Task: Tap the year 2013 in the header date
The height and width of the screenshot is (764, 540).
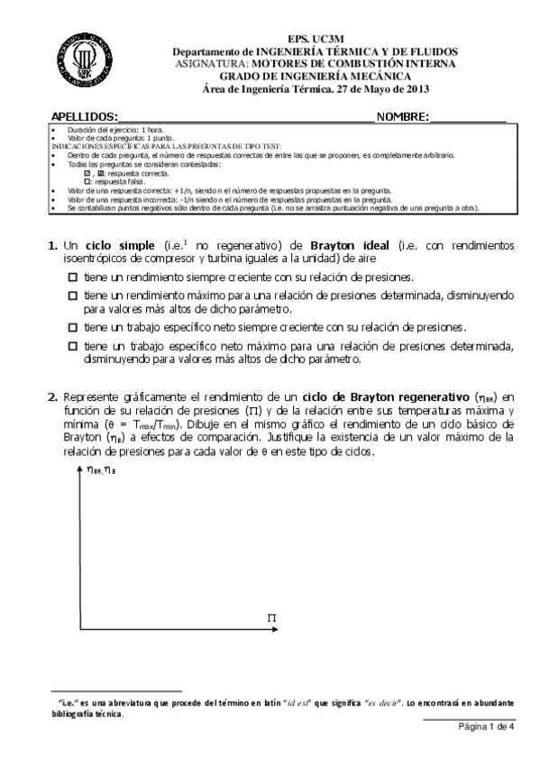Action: tap(417, 88)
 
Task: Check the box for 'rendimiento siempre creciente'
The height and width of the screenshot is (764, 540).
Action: tap(73, 278)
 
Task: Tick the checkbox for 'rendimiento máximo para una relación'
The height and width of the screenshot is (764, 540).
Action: tap(73, 295)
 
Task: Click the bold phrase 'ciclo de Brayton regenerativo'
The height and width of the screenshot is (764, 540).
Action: tap(379, 396)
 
